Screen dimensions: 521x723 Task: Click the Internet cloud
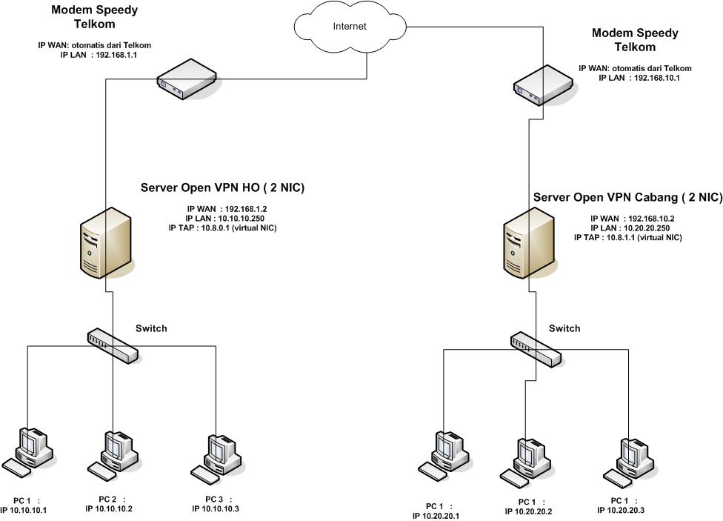(x=349, y=27)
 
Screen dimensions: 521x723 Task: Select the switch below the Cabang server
(x=535, y=348)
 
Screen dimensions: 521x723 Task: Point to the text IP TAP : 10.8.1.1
(x=627, y=237)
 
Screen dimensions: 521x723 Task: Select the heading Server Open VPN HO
(x=222, y=188)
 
